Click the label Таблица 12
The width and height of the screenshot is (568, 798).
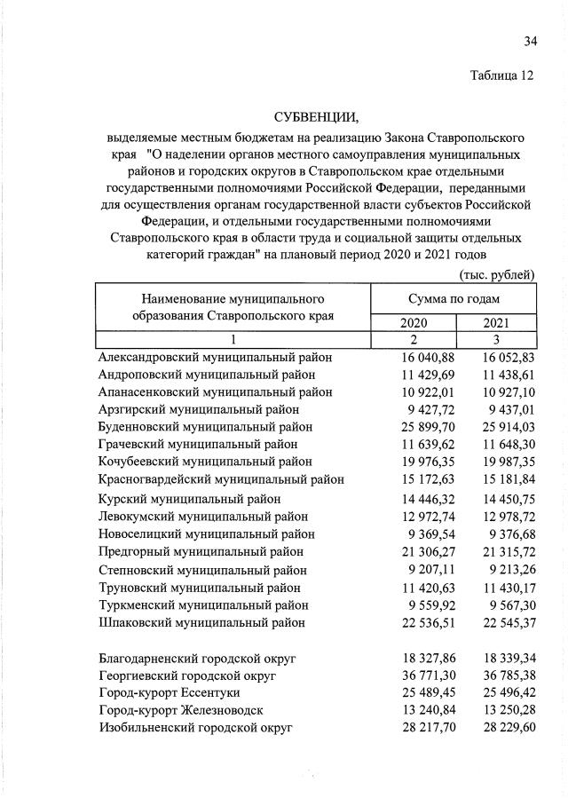click(x=501, y=75)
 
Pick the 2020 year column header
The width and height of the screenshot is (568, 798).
click(x=414, y=323)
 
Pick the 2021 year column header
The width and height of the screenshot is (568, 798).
click(x=496, y=323)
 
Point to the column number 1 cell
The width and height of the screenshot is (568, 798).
click(x=233, y=340)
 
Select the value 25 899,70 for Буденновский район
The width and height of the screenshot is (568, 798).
click(x=414, y=427)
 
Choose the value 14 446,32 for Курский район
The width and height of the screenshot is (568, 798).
click(x=414, y=499)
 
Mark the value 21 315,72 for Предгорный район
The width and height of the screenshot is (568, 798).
click(x=497, y=551)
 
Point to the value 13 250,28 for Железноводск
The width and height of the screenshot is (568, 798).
click(x=497, y=710)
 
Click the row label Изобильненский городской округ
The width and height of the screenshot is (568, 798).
click(x=195, y=728)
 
